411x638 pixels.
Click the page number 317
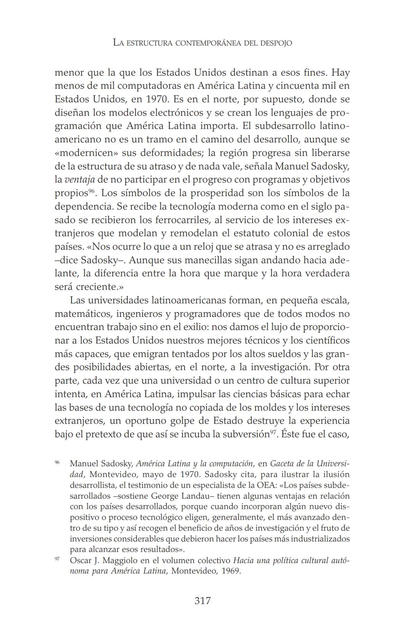[x=202, y=601]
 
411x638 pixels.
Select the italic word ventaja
[x=79, y=180]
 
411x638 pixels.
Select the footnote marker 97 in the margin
[x=57, y=559]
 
